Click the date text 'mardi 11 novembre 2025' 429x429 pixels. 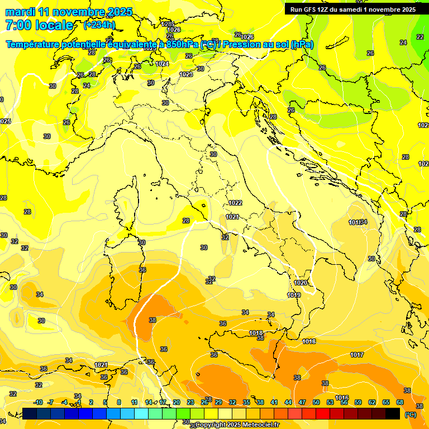[69, 12]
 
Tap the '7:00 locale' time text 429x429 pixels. [39, 25]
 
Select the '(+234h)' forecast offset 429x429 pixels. [99, 25]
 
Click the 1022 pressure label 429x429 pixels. [235, 203]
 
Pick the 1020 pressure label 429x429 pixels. [301, 283]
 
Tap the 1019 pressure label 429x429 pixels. [294, 295]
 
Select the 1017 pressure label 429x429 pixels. [357, 355]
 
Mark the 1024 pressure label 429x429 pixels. [162, 64]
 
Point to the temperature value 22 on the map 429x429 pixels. [420, 37]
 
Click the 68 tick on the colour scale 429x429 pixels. [400, 402]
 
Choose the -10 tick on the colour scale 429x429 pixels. [38, 402]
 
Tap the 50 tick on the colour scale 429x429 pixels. [316, 402]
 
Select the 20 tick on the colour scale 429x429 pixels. [177, 402]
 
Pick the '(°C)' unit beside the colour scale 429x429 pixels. [411, 414]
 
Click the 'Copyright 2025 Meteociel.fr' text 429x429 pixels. [237, 425]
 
